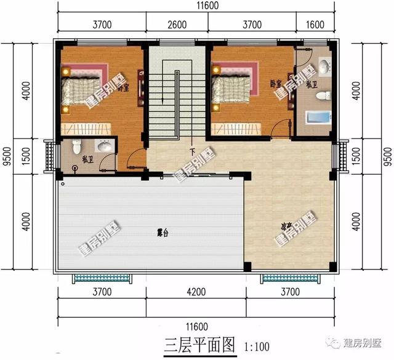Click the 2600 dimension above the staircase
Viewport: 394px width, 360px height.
click(x=177, y=25)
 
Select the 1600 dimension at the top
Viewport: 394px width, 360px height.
click(x=313, y=25)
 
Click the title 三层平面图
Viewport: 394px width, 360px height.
click(x=200, y=345)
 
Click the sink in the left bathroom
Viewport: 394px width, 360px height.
click(x=105, y=146)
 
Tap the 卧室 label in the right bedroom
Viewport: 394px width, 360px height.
click(x=275, y=82)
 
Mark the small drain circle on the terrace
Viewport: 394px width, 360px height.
click(x=62, y=183)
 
